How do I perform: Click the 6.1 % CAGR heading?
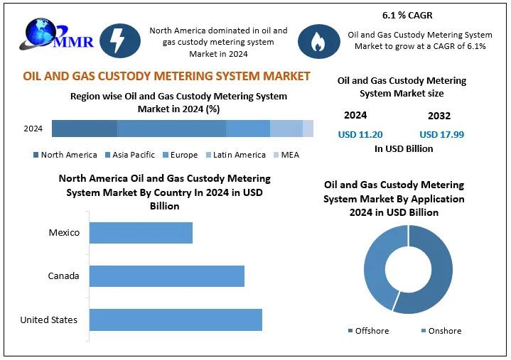(x=407, y=15)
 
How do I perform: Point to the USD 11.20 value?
(x=360, y=134)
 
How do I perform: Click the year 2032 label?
(x=439, y=116)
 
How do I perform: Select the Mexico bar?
(x=141, y=233)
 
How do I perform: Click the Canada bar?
(x=166, y=276)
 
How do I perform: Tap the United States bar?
(x=176, y=320)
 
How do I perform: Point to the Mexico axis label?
(x=64, y=233)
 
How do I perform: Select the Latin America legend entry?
(x=235, y=155)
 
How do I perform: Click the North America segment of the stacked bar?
(x=84, y=129)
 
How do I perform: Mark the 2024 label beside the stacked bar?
(x=33, y=129)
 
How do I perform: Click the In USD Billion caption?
(x=403, y=149)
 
